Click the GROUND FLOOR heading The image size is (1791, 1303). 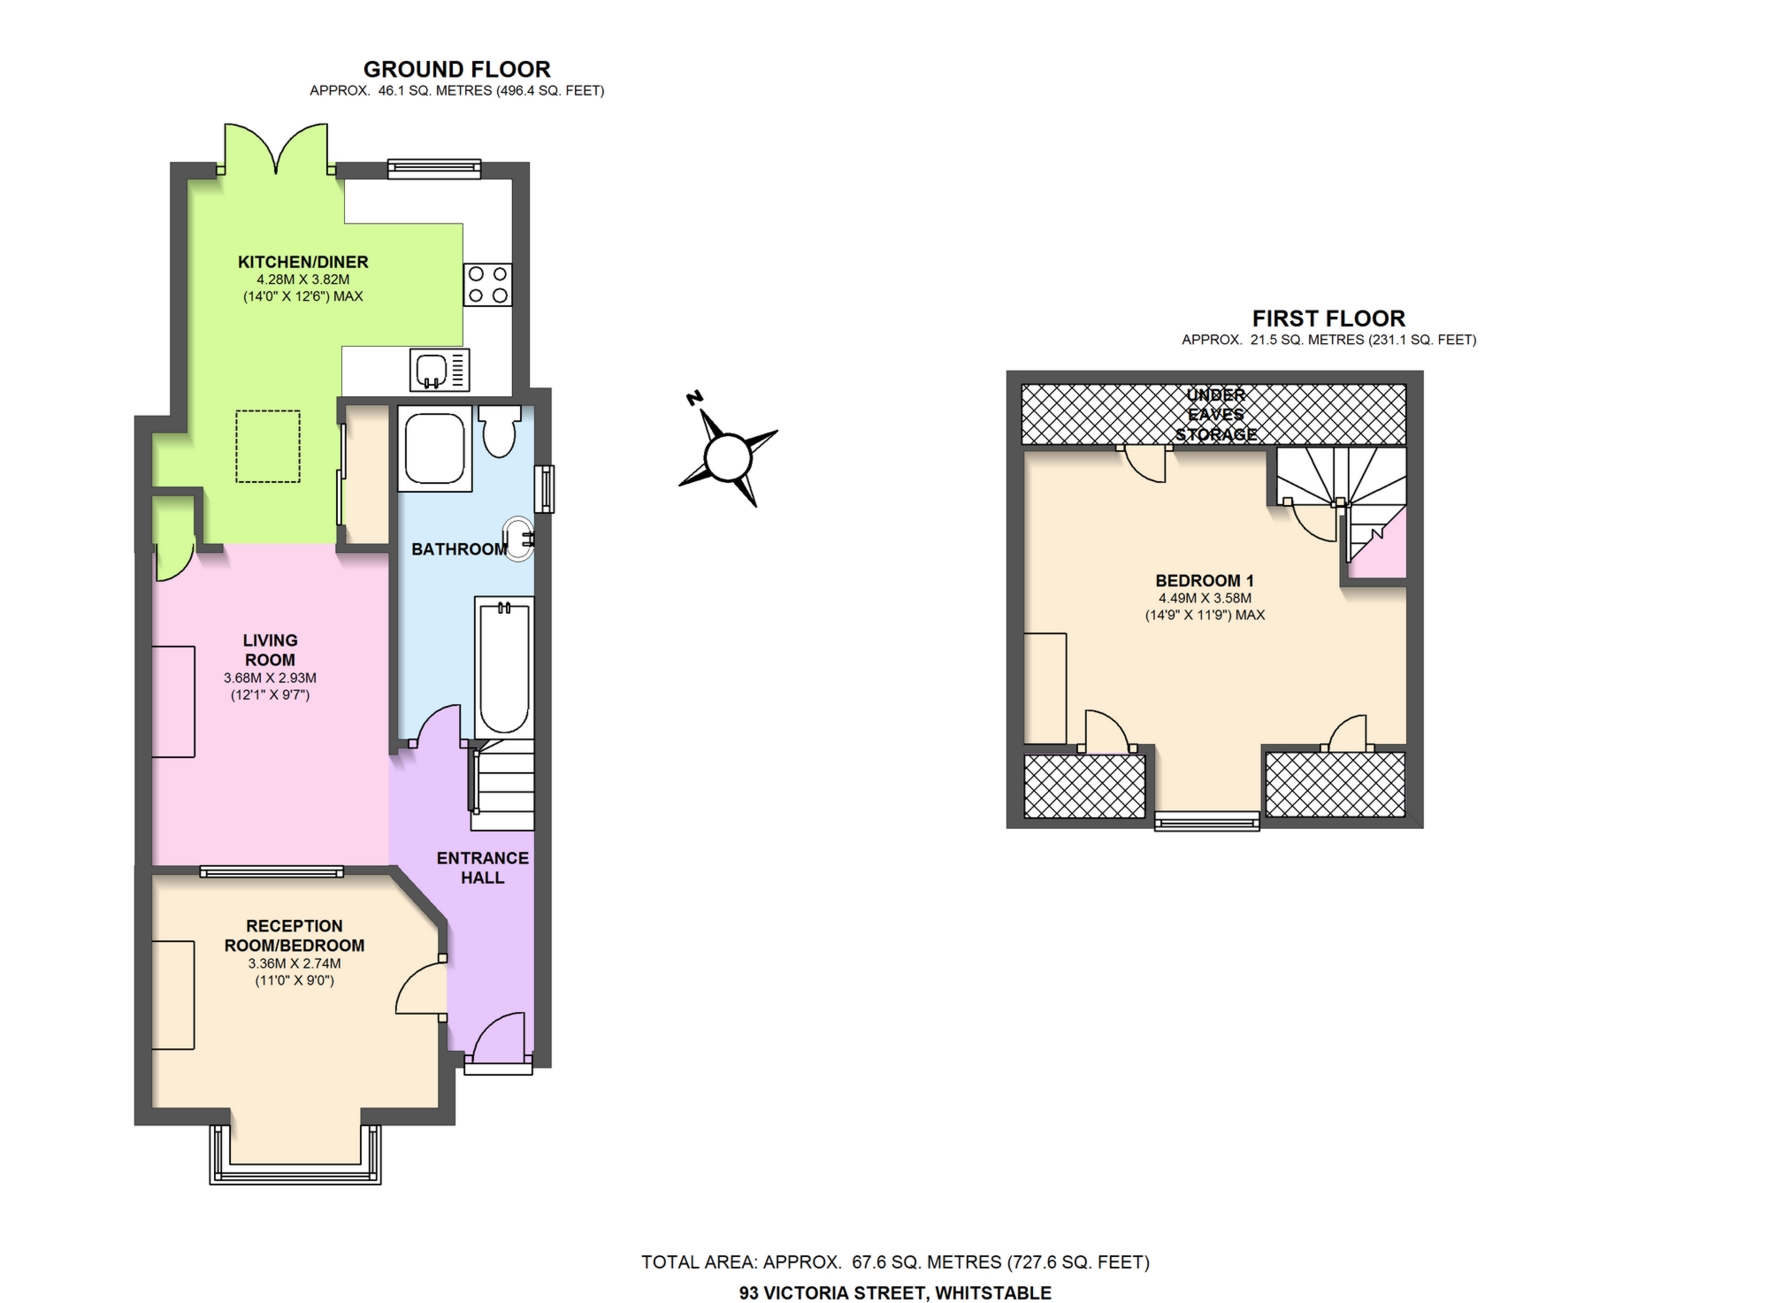pos(456,69)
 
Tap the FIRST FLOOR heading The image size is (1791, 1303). pos(1328,318)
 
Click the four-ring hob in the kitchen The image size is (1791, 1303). pos(487,284)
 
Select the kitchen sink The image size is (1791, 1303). pos(440,370)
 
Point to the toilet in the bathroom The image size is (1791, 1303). pos(500,431)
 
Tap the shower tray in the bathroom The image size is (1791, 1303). pos(434,448)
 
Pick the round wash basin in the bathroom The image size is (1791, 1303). pos(518,539)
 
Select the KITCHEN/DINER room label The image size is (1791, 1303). pos(302,262)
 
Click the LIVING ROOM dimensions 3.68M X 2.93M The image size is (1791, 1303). pos(270,678)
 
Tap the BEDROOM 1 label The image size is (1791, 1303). pos(1205,581)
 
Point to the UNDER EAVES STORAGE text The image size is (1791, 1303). pos(1216,415)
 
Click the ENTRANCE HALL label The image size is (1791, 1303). pos(483,868)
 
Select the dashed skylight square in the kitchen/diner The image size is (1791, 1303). pos(268,447)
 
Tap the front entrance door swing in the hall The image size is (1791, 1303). pos(501,1037)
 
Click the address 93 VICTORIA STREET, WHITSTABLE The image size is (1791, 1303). pos(895,1292)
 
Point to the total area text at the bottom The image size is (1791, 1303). pos(895,1262)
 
